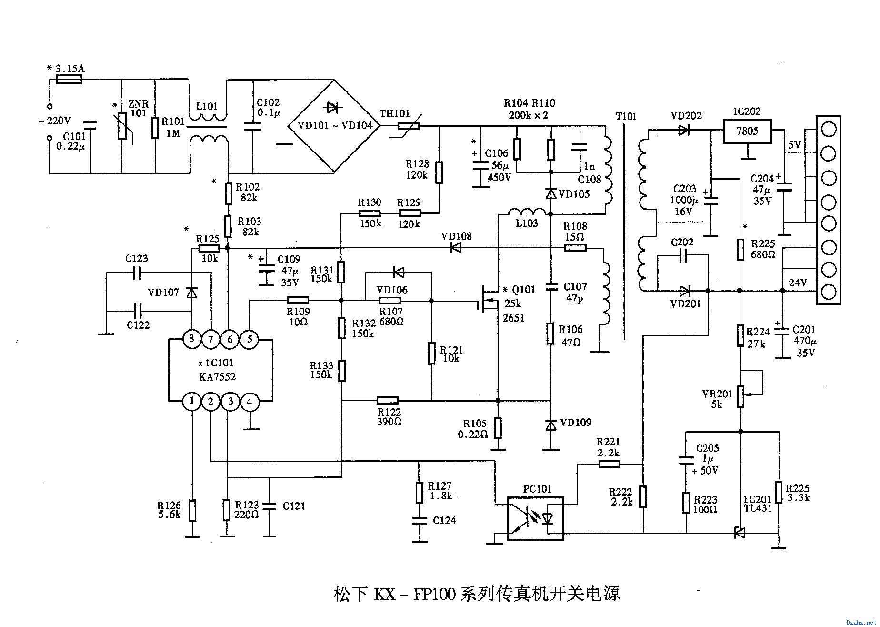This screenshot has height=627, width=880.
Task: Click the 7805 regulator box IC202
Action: click(747, 131)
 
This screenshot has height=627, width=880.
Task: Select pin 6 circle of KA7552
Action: click(230, 339)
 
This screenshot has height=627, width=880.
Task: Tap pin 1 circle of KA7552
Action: click(192, 401)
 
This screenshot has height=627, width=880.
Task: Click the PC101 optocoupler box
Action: click(536, 518)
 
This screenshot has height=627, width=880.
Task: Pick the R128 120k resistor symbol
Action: click(439, 172)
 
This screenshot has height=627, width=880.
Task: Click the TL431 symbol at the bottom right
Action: click(740, 533)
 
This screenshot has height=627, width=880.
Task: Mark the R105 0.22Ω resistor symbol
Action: click(498, 428)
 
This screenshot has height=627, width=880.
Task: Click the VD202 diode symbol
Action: click(684, 130)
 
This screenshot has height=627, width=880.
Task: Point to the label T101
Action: click(626, 117)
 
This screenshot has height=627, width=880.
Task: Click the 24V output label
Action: click(798, 283)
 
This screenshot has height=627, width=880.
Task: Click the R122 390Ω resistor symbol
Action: click(388, 400)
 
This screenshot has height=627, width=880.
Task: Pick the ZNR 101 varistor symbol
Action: click(122, 125)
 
